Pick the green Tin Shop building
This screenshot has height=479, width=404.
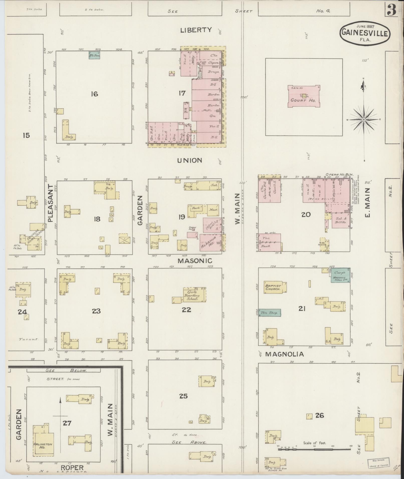tap(270, 312)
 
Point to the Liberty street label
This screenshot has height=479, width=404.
tap(196, 30)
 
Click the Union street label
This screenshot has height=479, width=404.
tap(190, 160)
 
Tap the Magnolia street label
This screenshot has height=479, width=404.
tap(285, 354)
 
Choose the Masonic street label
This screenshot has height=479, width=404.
tap(195, 261)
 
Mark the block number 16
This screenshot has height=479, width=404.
tap(94, 94)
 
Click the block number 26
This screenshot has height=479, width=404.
tap(320, 416)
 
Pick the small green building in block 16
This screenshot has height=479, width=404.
tap(94, 55)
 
